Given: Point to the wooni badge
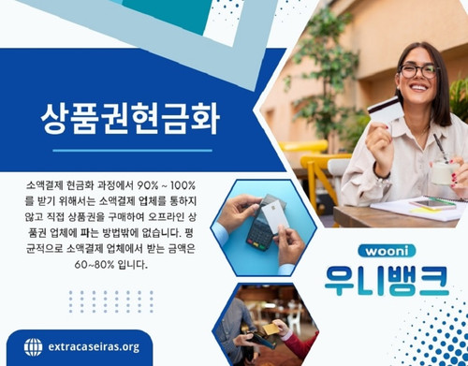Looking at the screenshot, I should pos(385,252).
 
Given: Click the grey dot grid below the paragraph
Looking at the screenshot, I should pos(97,300).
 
